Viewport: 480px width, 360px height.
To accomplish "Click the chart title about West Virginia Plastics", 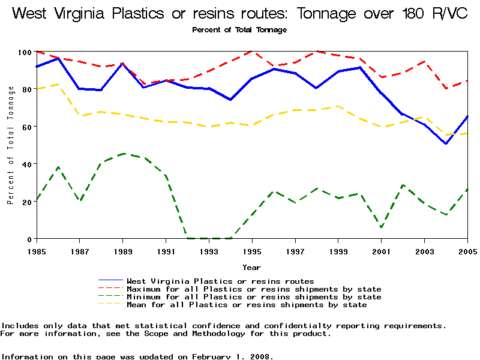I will pyautogui.click(x=239, y=13).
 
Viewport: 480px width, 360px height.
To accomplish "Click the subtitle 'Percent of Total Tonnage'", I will pyautogui.click(x=239, y=29).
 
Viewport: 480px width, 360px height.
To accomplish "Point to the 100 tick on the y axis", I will pyautogui.click(x=23, y=52).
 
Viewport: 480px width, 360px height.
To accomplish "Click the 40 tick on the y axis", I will pyautogui.click(x=25, y=164).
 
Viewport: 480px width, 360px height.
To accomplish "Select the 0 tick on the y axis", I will pyautogui.click(x=28, y=239).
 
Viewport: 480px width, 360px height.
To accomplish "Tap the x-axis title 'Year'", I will pyautogui.click(x=251, y=267).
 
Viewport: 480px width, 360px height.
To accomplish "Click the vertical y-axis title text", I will pyautogui.click(x=11, y=145).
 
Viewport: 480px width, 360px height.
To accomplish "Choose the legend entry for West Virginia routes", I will pyautogui.click(x=220, y=281).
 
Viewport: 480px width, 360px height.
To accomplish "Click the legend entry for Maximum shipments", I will pyautogui.click(x=254, y=289).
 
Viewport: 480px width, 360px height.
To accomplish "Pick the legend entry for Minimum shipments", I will pyautogui.click(x=254, y=296).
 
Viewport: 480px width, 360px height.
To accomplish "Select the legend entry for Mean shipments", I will pyautogui.click(x=247, y=304).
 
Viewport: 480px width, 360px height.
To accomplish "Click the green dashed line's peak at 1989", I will pyautogui.click(x=123, y=154).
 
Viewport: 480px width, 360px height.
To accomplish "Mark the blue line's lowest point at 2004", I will pyautogui.click(x=446, y=144).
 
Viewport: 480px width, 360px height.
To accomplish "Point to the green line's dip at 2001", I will pyautogui.click(x=382, y=227).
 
